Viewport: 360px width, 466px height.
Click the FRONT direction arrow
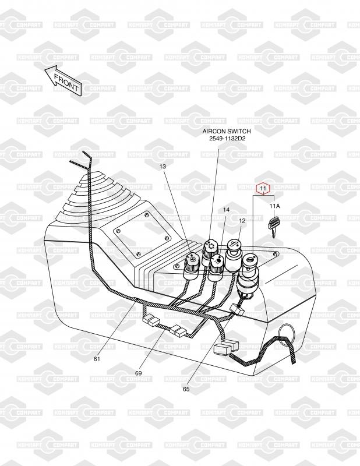(63, 80)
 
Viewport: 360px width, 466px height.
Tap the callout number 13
(163, 167)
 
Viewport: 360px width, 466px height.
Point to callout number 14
(226, 210)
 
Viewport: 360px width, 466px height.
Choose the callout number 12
(242, 221)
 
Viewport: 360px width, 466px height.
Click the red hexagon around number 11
(263, 188)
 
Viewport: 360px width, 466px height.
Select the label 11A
(275, 206)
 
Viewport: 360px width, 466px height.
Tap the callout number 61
(97, 359)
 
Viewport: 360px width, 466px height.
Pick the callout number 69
(138, 373)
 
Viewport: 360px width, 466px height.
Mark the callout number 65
(186, 389)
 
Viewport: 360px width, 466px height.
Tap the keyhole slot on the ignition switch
(250, 260)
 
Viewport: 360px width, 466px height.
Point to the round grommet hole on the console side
(287, 333)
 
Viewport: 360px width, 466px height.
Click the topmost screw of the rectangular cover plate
(146, 214)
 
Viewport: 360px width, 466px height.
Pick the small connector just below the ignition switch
(237, 309)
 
